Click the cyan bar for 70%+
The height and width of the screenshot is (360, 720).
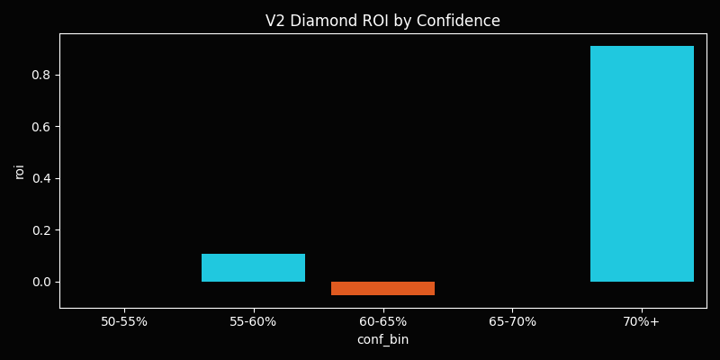click(x=642, y=164)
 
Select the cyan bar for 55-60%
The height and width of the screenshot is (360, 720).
click(x=253, y=267)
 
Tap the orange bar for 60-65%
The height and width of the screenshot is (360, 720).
click(x=382, y=288)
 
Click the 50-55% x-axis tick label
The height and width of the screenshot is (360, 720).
click(x=124, y=321)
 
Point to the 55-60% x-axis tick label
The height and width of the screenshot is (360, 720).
click(x=253, y=321)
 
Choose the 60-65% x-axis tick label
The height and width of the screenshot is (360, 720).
click(x=382, y=321)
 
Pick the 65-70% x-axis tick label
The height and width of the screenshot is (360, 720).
click(x=512, y=321)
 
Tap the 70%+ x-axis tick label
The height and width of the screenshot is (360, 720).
click(x=642, y=321)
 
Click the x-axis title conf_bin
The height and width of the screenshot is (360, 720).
click(x=382, y=339)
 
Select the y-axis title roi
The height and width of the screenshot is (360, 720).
click(x=20, y=171)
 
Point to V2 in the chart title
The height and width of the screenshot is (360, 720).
click(x=275, y=21)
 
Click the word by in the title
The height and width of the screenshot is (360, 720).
click(x=400, y=21)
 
